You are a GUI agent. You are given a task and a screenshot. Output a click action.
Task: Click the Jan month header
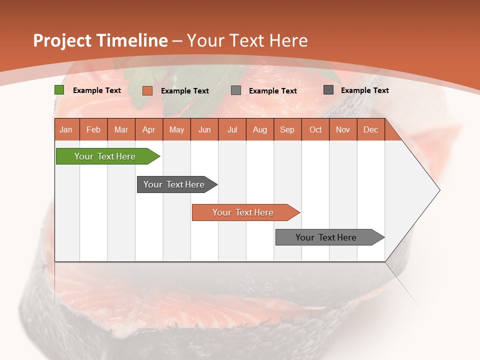tap(66, 130)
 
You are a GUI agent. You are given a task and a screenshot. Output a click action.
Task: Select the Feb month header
tap(93, 130)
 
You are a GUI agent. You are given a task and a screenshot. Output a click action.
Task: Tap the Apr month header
tap(149, 130)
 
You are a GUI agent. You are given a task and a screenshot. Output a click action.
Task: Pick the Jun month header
tap(204, 130)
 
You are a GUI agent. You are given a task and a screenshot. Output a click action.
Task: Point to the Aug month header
tap(259, 130)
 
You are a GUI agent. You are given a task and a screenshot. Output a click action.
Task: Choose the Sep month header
tap(287, 130)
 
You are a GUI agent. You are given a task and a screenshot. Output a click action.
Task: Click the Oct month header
tap(315, 130)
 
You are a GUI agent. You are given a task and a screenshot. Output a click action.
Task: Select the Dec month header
tap(370, 130)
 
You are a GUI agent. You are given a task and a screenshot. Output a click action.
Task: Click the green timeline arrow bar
tap(105, 156)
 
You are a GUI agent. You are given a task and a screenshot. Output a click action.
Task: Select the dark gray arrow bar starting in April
tap(174, 184)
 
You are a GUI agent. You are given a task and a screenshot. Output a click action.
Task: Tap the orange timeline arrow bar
tap(243, 212)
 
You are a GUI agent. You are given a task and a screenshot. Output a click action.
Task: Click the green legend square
tap(59, 90)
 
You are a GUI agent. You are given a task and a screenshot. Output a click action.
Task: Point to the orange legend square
tap(147, 90)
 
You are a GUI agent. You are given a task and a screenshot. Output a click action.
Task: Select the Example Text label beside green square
tap(97, 90)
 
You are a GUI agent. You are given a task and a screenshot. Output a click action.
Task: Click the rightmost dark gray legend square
tap(328, 90)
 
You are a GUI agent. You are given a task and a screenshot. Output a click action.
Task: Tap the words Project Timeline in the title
tap(100, 40)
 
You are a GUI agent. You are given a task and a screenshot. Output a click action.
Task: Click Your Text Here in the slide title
tap(247, 40)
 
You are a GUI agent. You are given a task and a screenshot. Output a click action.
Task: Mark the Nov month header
tap(343, 130)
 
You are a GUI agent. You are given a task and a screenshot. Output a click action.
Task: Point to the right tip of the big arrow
tap(438, 190)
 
